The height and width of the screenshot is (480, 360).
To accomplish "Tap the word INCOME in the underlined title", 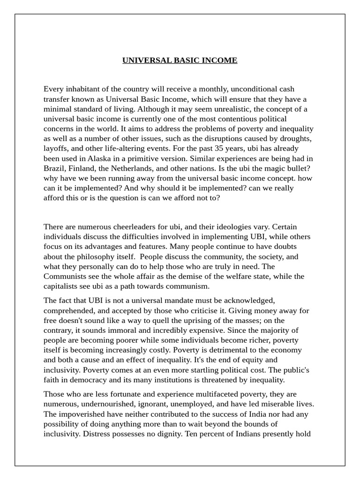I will click(x=220, y=60).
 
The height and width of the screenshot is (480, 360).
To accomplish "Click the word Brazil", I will click(x=54, y=168).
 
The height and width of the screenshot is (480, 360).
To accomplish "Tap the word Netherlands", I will click(x=137, y=168).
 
